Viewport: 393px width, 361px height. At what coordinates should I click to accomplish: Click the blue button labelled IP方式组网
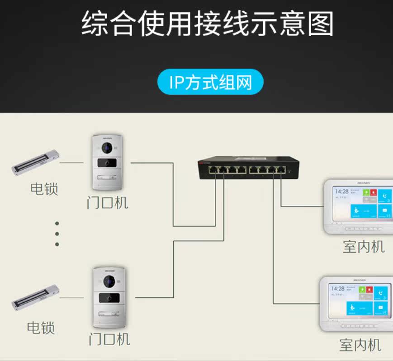point(210,82)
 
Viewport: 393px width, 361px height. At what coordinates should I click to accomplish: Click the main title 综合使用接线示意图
point(207,23)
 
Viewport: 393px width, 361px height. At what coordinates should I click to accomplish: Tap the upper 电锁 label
point(44,188)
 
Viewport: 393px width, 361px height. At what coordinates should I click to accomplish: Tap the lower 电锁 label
point(41,327)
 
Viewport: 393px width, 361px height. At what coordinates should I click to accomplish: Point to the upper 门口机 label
point(108,203)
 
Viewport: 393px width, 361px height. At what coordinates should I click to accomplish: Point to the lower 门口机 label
point(109,338)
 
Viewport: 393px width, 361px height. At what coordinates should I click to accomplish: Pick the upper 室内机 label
point(364,246)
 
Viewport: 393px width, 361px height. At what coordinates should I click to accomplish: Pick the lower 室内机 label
point(360,345)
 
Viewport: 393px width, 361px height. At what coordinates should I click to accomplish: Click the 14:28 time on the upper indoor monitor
point(342,192)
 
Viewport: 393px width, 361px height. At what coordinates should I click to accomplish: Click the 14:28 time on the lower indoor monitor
point(337,288)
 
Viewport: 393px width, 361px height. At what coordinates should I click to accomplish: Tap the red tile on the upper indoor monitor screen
point(374,192)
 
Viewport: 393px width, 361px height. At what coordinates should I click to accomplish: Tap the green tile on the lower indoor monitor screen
point(362,288)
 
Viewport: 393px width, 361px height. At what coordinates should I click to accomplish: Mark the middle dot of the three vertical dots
point(57,234)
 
